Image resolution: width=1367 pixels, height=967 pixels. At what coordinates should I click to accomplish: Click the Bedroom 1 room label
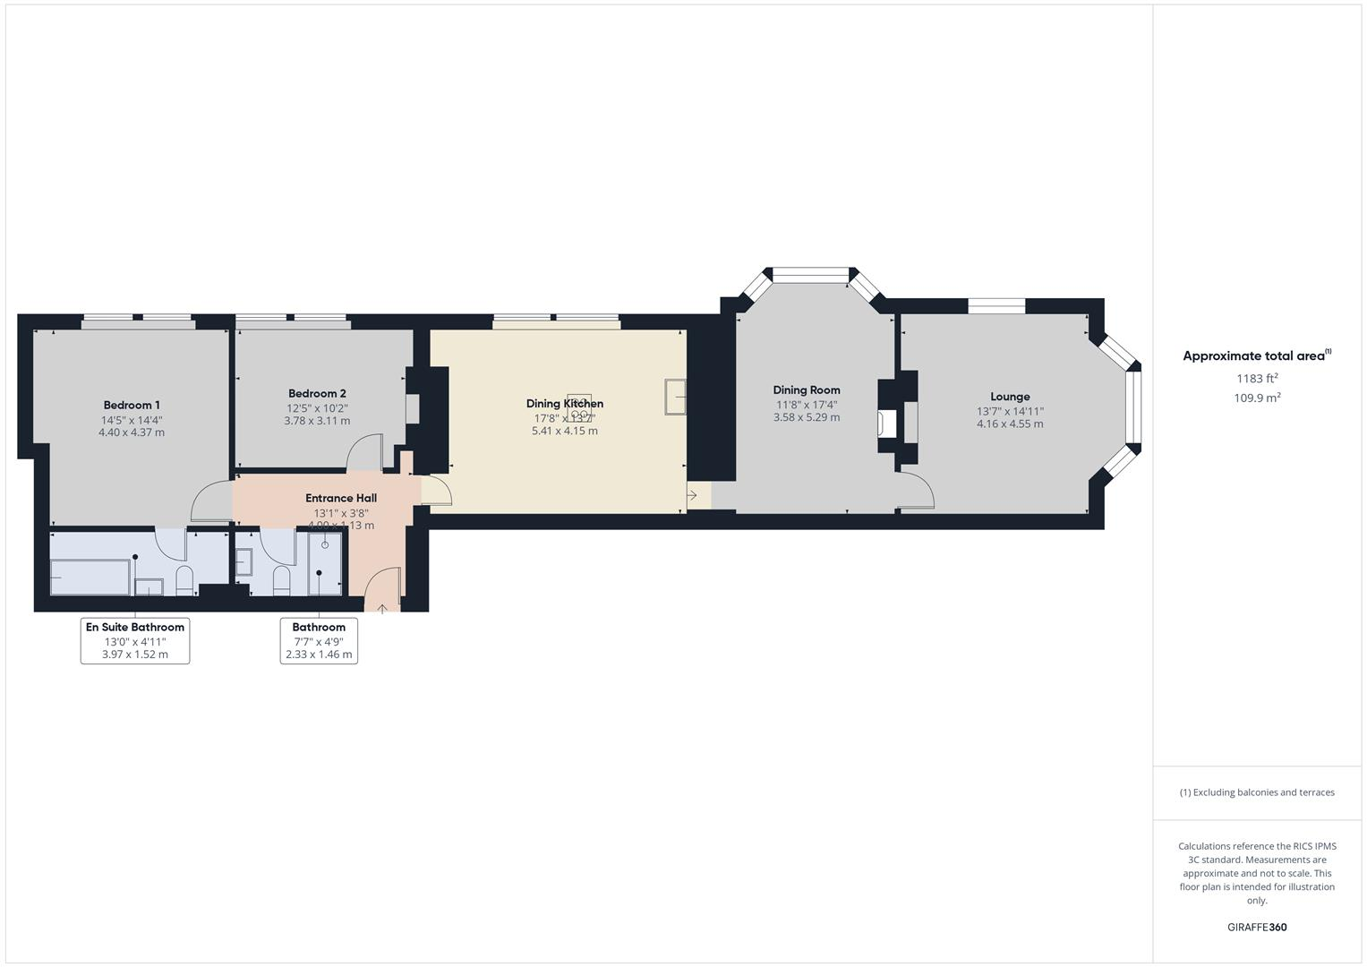point(132,406)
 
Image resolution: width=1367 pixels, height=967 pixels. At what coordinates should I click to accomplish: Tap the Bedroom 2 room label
point(317,394)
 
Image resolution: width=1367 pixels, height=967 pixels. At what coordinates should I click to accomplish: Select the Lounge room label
point(1010,397)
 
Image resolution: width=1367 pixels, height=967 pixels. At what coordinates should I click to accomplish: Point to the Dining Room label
point(807,390)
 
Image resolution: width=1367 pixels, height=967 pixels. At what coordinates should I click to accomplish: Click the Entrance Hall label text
point(341,499)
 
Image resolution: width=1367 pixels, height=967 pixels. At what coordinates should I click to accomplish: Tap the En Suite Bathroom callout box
point(135,640)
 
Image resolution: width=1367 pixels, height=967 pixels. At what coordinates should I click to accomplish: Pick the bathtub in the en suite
point(90,578)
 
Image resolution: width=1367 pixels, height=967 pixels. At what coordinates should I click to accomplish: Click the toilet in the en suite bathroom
point(184,580)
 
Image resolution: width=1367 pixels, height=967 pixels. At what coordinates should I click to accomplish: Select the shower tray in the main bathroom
point(325,562)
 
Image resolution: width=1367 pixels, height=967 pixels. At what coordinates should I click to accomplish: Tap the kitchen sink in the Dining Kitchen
point(675,397)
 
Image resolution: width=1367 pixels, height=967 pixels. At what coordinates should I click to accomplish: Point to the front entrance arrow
point(382,609)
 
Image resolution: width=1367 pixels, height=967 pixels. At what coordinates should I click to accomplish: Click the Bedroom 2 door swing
point(364,452)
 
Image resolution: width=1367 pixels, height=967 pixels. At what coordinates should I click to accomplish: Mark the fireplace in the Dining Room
point(887,423)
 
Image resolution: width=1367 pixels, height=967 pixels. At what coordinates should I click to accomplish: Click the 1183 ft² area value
point(1257,379)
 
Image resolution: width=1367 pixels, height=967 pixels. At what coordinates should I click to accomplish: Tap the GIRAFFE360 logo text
point(1257,928)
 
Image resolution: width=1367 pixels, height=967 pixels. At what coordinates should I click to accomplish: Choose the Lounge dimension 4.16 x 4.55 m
point(1010,424)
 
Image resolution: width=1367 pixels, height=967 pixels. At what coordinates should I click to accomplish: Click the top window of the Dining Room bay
point(810,275)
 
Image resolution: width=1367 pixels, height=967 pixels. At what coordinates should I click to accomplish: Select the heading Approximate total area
point(1253,356)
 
